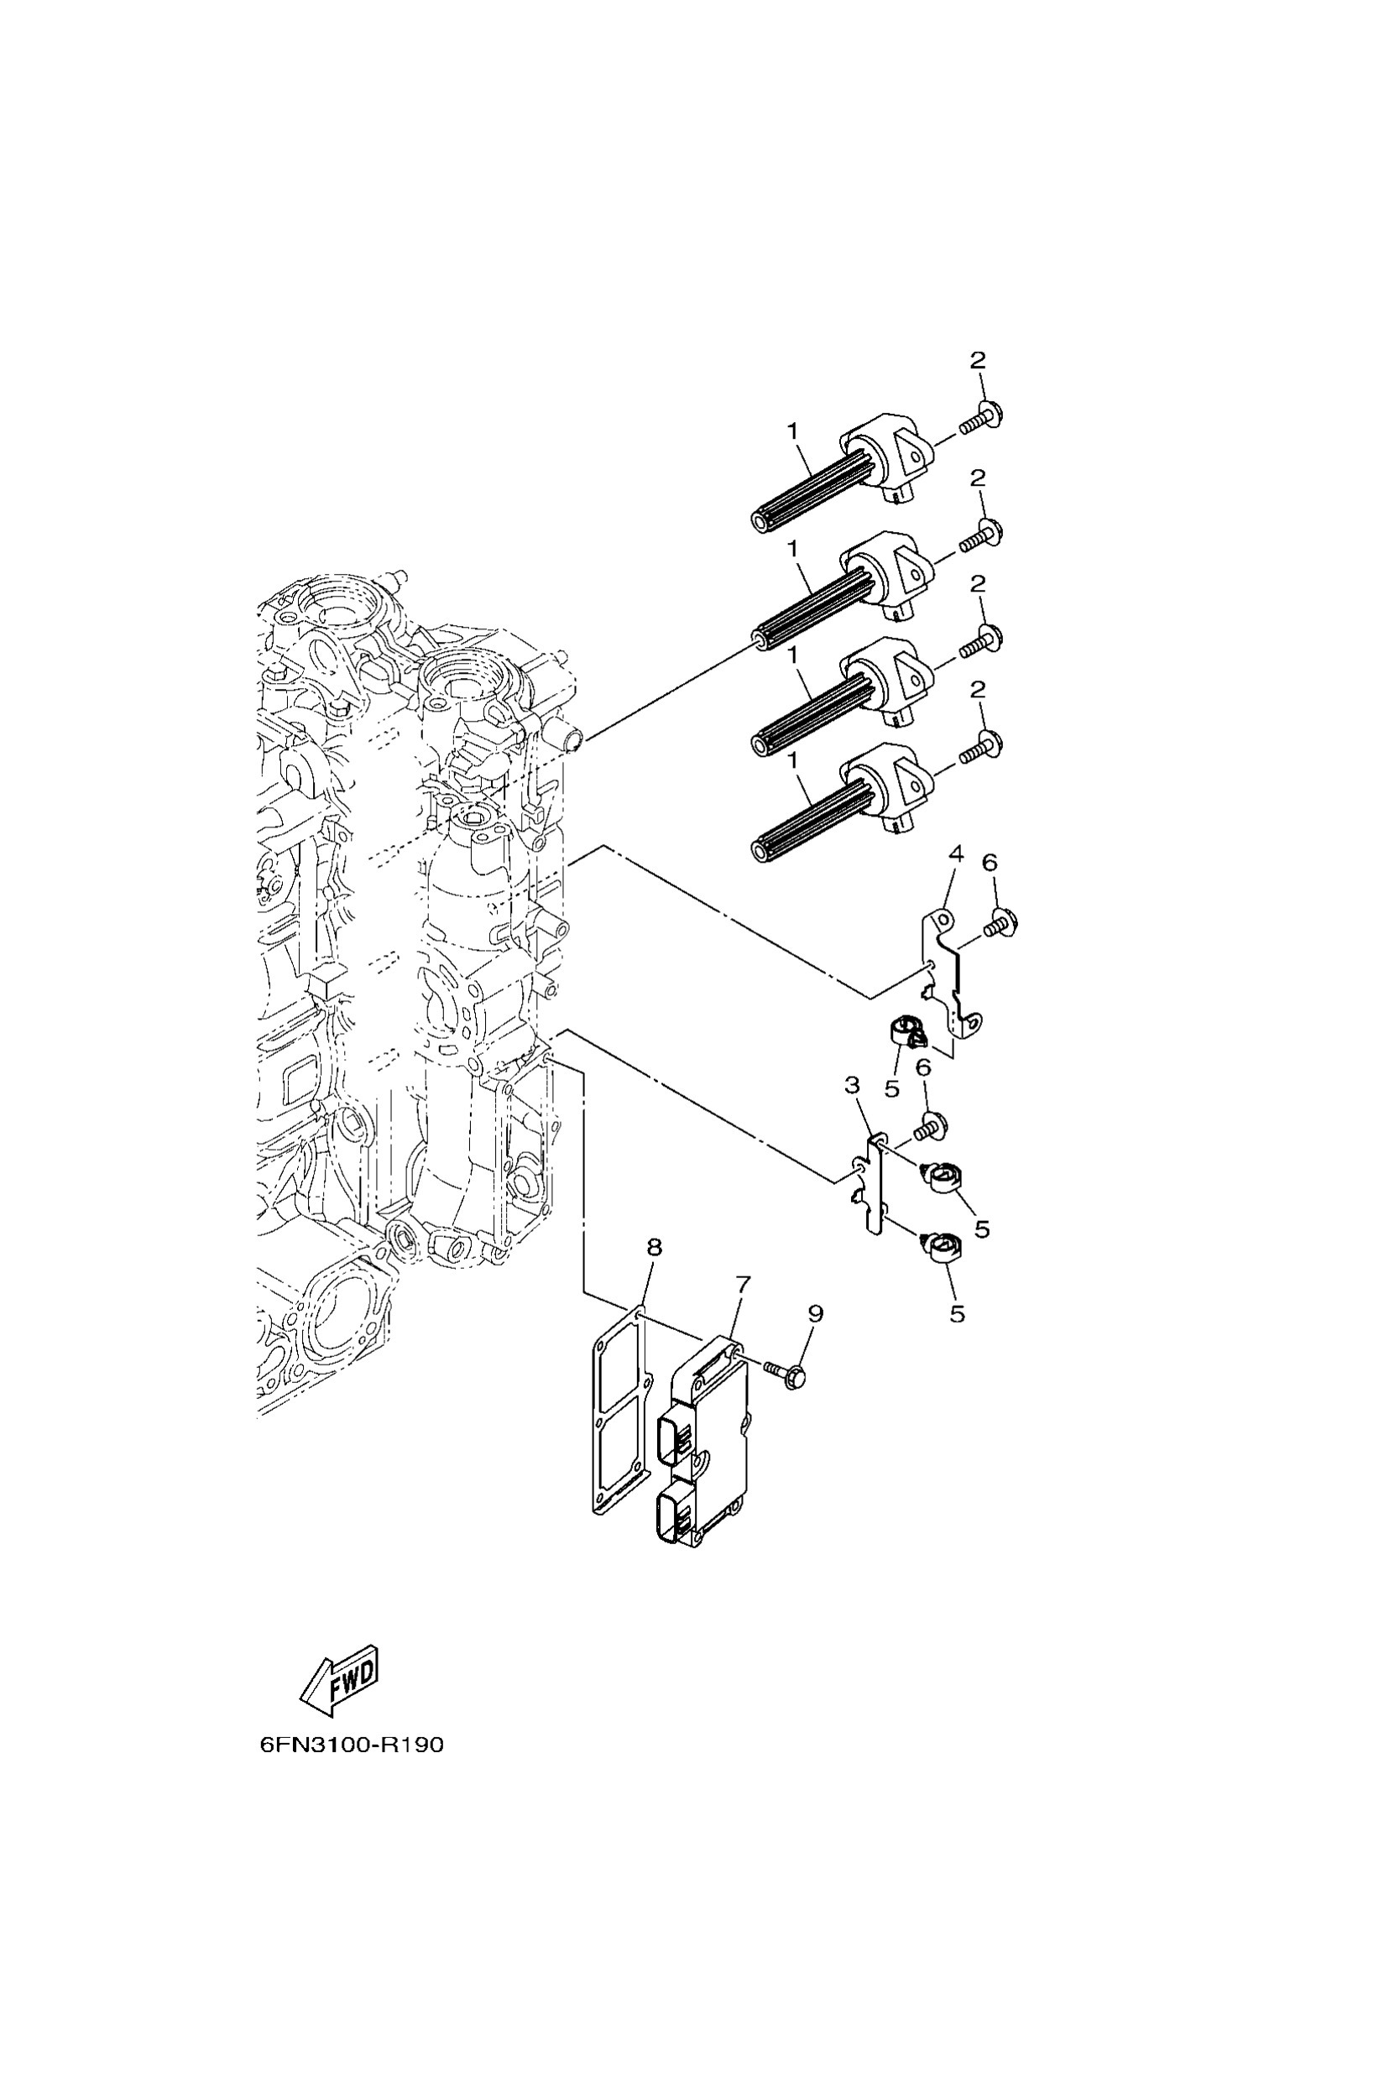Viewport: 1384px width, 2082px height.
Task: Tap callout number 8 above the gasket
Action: click(653, 1247)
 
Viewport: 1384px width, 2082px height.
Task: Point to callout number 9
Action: click(815, 1338)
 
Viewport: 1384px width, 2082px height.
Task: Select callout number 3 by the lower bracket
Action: click(852, 1086)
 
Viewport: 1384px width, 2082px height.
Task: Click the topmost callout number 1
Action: click(792, 430)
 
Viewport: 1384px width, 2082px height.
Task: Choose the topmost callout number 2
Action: click(977, 359)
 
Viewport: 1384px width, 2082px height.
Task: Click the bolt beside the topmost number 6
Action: click(1002, 922)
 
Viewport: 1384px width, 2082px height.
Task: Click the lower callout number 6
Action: click(923, 1068)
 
